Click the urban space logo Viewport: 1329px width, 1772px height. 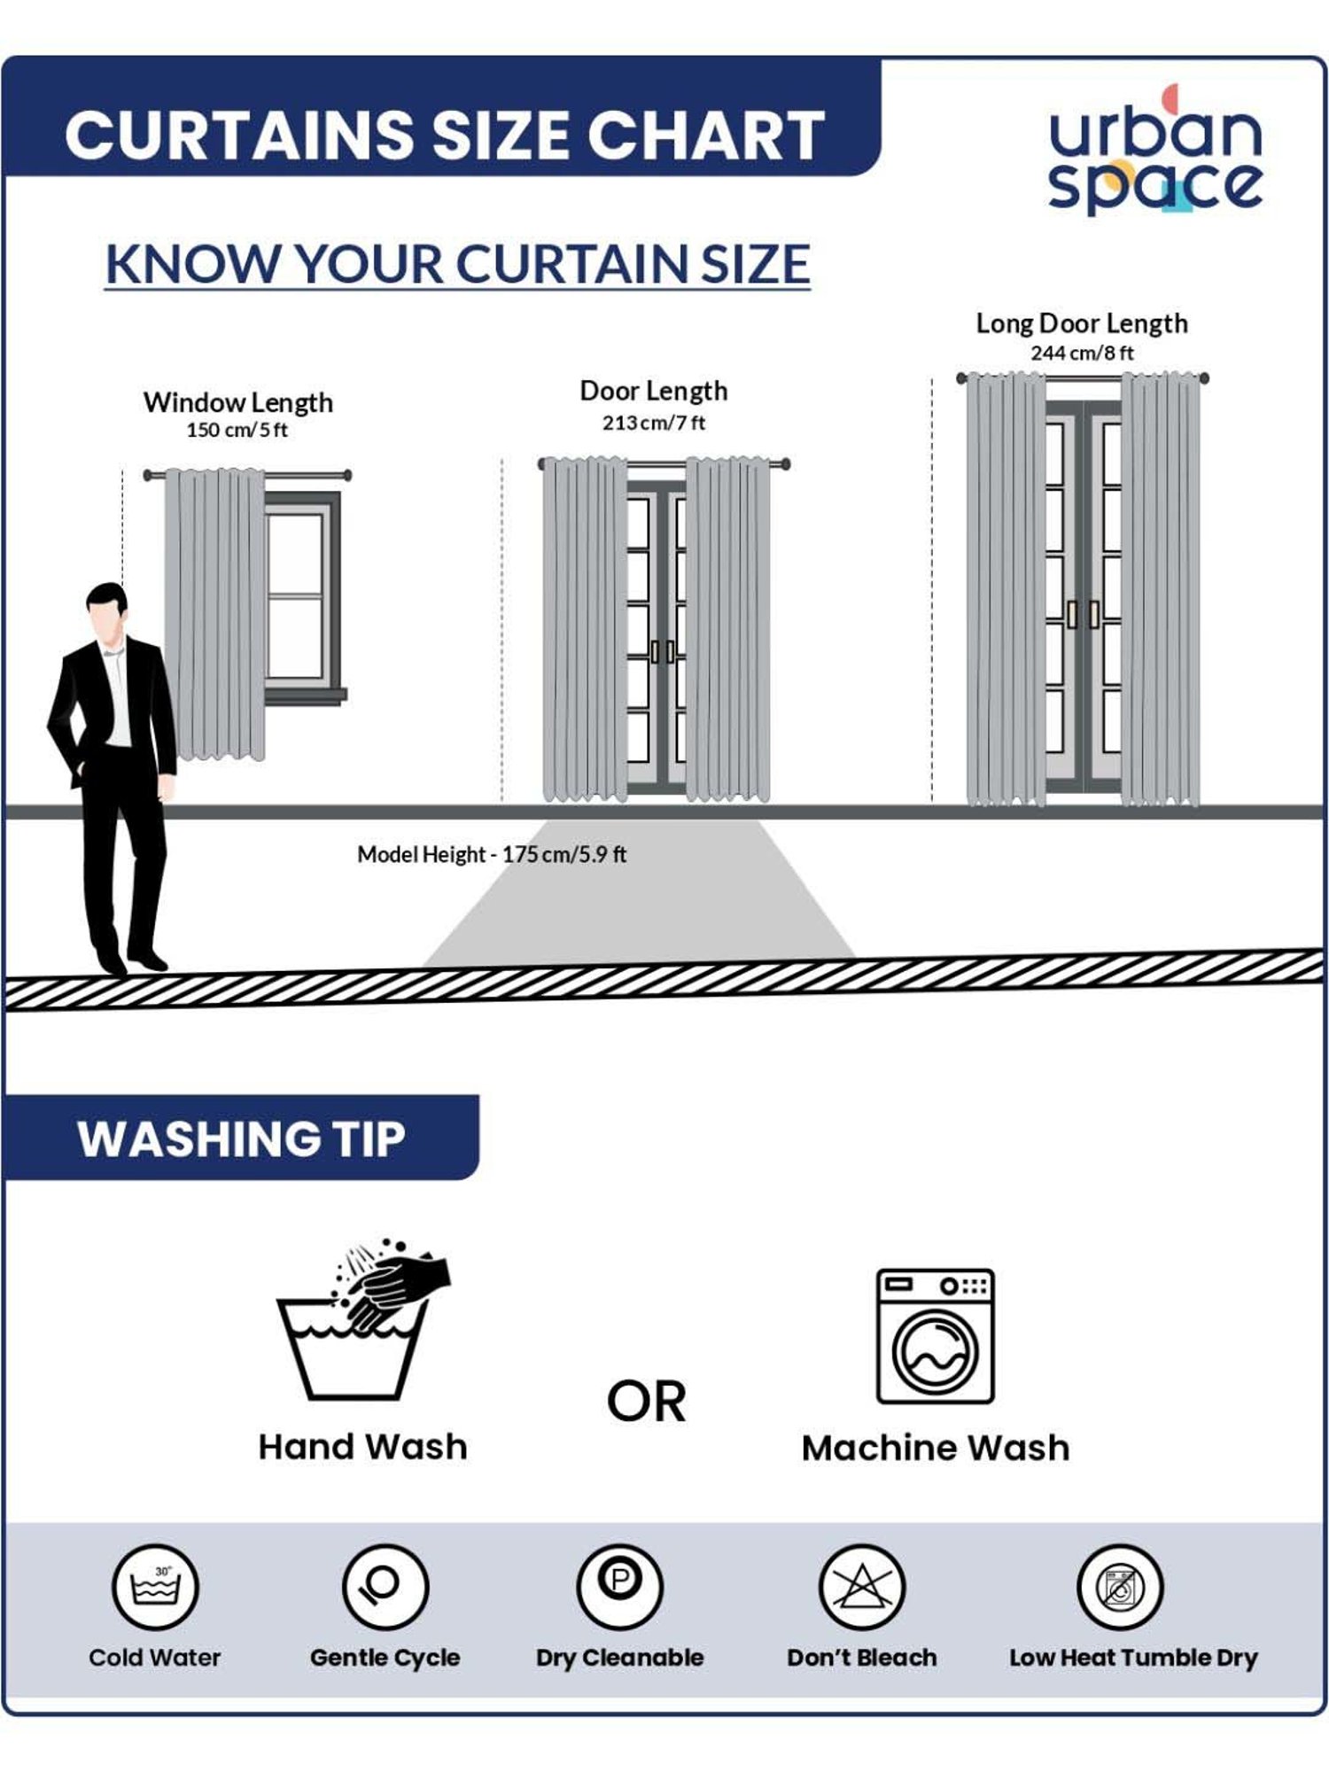click(1155, 150)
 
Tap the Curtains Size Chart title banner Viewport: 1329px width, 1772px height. click(443, 116)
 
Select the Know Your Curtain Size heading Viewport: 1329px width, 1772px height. click(457, 264)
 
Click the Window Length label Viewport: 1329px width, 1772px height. click(238, 402)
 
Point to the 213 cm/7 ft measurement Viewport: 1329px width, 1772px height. click(654, 423)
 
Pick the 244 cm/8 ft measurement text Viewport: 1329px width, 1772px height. click(1082, 353)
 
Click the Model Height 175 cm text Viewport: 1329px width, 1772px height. click(492, 854)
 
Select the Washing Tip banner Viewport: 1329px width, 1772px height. click(240, 1138)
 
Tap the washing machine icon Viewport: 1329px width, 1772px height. click(936, 1336)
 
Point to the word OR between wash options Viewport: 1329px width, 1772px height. click(647, 1402)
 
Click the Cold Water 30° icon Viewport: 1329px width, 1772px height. click(156, 1587)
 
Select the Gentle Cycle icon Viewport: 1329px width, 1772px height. click(385, 1587)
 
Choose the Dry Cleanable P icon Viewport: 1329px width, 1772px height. click(620, 1587)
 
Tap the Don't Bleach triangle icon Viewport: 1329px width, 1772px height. click(861, 1587)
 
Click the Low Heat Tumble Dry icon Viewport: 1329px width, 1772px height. click(1120, 1587)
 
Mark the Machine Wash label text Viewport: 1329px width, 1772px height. click(936, 1448)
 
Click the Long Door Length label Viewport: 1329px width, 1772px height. click(1082, 323)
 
